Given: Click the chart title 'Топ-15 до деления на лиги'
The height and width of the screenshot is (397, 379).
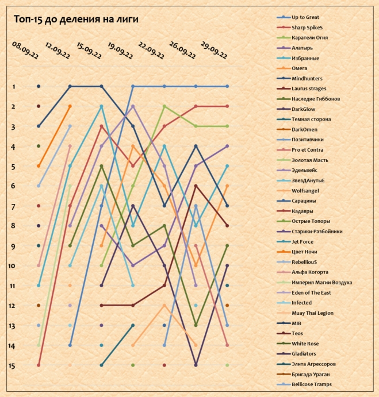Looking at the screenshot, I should [75, 20].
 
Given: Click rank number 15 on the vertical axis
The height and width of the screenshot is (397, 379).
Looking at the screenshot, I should [13, 365].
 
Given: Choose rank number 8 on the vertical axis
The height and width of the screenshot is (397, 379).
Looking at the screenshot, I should [13, 226].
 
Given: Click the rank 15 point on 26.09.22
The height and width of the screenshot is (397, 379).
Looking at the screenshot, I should [196, 365].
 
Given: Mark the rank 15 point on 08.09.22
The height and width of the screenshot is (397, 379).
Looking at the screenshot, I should [39, 365].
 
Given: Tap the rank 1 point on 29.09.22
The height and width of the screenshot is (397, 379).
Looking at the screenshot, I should [227, 86].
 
